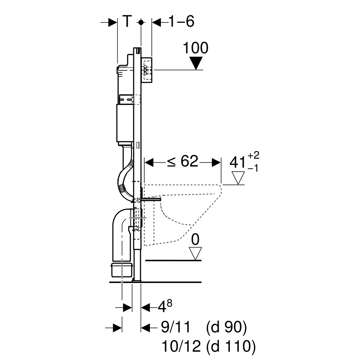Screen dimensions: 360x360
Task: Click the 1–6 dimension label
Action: coord(181,21)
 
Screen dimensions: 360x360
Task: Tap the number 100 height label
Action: coord(195,48)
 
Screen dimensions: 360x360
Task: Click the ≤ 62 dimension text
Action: coord(182,161)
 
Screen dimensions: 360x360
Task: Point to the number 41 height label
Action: coord(237,162)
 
